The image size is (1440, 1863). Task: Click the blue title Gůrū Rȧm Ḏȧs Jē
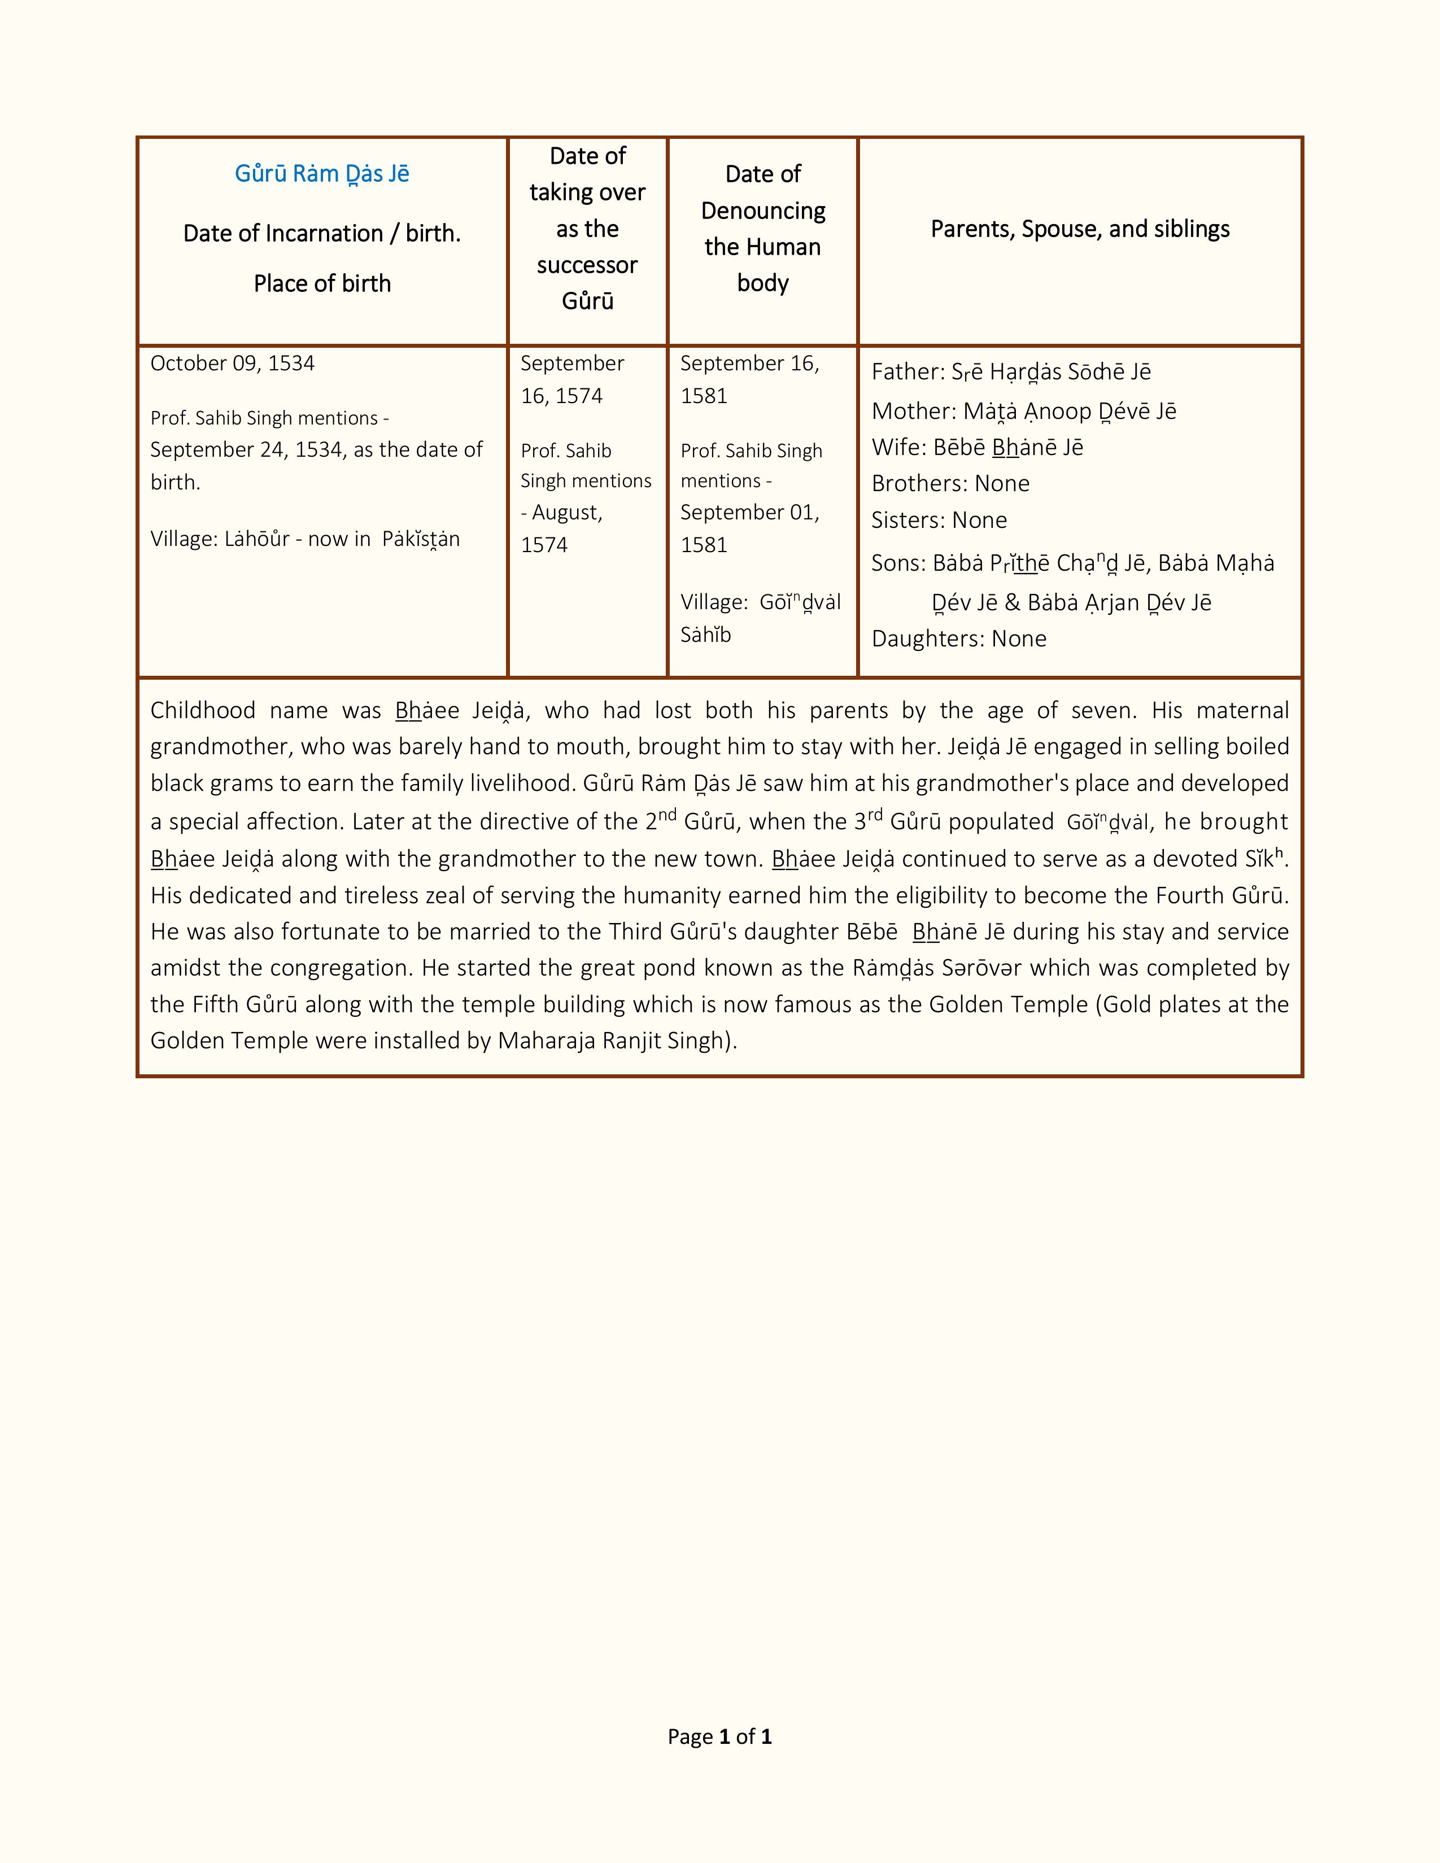[322, 174]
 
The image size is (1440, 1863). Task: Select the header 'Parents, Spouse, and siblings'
[1079, 229]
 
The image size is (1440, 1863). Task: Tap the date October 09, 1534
[232, 364]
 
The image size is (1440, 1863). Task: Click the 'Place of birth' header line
[322, 283]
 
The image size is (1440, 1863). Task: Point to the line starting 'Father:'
[1011, 372]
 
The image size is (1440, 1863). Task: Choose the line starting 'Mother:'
[1024, 411]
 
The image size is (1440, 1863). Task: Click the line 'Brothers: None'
[950, 484]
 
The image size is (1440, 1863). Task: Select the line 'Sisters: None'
[939, 521]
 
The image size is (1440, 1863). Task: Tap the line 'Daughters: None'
[959, 639]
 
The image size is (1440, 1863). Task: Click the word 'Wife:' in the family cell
[898, 448]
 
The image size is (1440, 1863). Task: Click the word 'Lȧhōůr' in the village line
[257, 539]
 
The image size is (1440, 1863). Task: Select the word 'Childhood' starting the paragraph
[203, 711]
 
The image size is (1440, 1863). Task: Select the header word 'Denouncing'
[763, 211]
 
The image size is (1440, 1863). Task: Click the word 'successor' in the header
[587, 265]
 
